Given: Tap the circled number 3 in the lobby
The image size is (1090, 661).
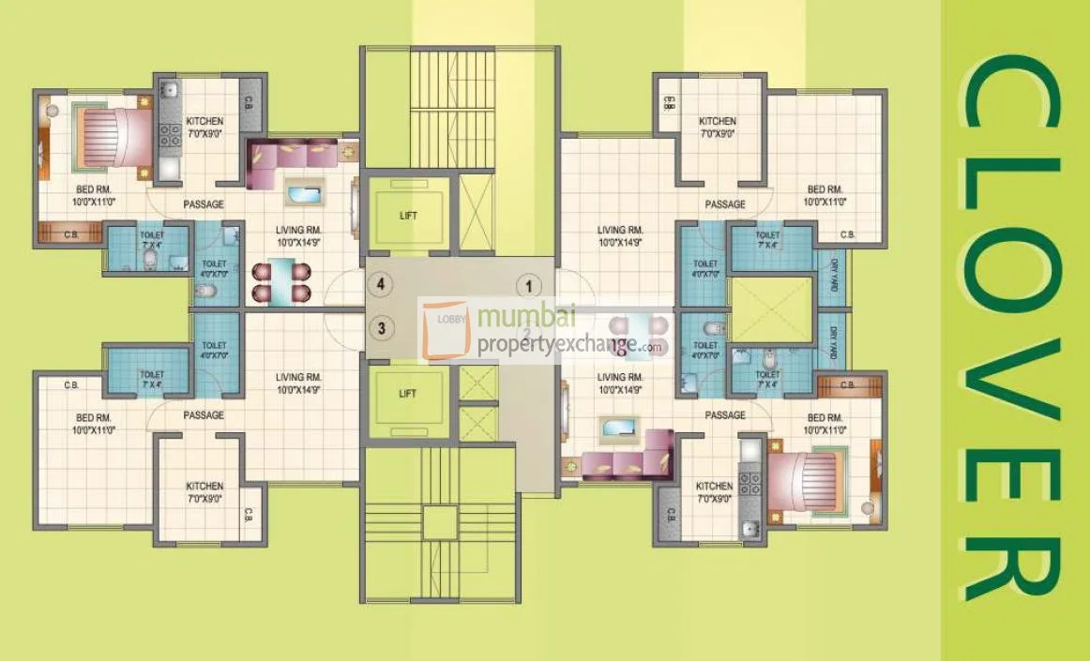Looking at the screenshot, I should pyautogui.click(x=380, y=327).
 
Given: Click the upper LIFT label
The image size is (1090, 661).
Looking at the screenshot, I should pyautogui.click(x=407, y=216).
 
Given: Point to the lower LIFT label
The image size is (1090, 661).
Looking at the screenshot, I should pyautogui.click(x=407, y=394).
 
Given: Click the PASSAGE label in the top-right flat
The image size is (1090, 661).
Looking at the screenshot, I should pyautogui.click(x=725, y=204).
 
